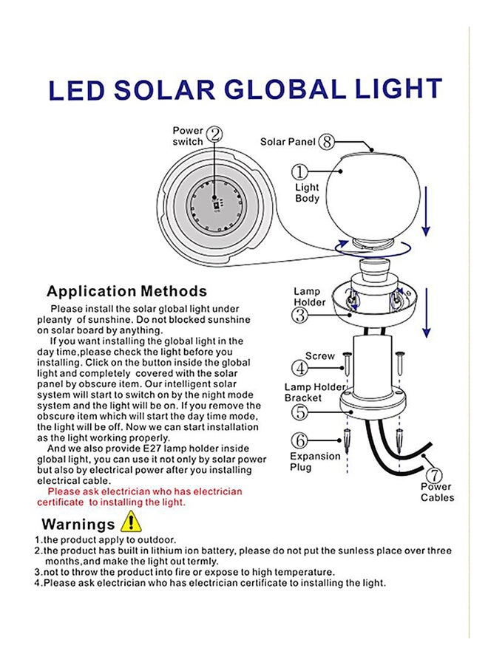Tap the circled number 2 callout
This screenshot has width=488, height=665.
[x=215, y=134]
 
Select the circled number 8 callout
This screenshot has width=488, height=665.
[x=327, y=141]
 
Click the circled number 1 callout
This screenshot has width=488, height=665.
[x=299, y=172]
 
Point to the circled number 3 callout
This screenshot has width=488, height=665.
[x=299, y=316]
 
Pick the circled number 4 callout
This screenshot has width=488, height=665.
[x=299, y=366]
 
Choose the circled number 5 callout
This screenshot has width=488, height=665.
[x=299, y=413]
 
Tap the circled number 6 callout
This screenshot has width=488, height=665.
[x=299, y=440]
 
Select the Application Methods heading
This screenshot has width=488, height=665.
[x=126, y=291]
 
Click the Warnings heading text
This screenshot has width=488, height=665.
[x=78, y=525]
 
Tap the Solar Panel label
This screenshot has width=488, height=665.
[x=288, y=141]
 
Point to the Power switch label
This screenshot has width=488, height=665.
[x=188, y=136]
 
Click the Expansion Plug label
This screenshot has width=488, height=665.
[x=315, y=462]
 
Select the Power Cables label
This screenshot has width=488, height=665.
[x=438, y=492]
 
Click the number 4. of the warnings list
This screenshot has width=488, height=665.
[x=38, y=583]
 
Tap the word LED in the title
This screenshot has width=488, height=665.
[x=76, y=91]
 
